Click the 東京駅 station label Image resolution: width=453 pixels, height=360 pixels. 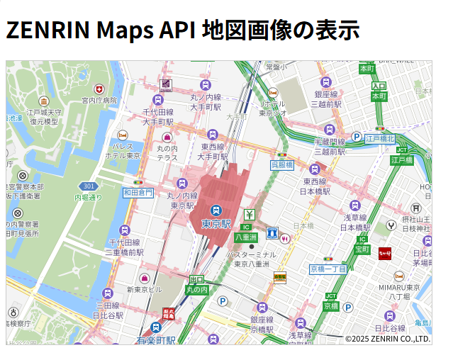click(216, 224)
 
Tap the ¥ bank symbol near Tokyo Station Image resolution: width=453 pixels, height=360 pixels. click(249, 215)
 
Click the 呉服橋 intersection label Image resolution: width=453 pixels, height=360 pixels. click(281, 164)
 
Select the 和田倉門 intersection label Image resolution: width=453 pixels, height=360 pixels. click(138, 192)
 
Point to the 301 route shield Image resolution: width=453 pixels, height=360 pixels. click(89, 186)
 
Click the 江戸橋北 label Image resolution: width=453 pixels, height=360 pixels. click(380, 139)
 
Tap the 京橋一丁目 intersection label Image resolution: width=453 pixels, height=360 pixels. click(328, 269)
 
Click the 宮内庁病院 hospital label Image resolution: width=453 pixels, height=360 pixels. click(99, 101)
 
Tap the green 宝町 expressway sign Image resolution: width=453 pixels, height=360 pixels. click(362, 249)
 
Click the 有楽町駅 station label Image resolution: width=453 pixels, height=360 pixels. click(156, 340)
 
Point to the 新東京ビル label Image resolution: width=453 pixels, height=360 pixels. click(145, 289)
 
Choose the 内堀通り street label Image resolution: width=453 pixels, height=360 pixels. click(89, 197)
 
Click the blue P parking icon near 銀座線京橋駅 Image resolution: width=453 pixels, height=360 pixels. click(222, 301)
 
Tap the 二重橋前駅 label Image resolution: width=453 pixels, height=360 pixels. click(125, 252)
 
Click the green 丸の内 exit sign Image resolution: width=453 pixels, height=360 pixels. click(196, 289)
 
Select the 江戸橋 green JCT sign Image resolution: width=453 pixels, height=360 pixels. click(401, 160)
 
